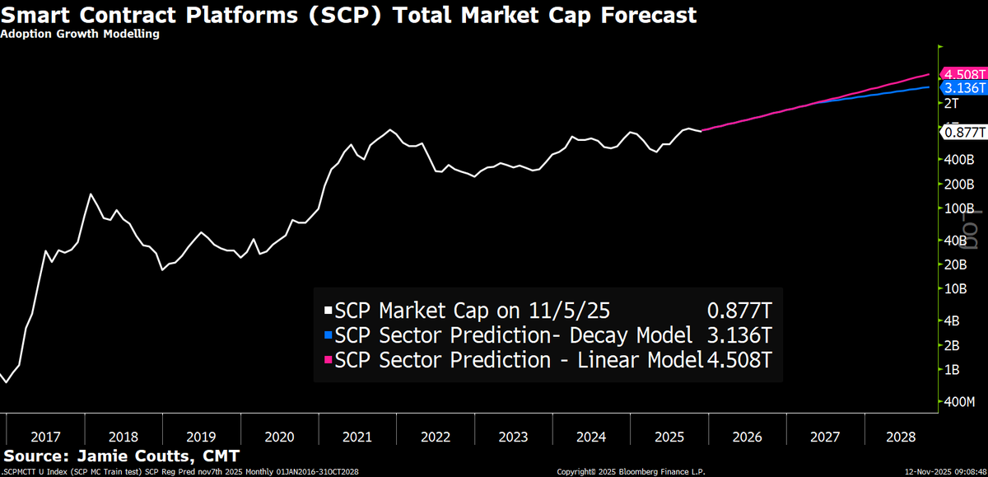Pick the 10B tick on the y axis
tap(954, 288)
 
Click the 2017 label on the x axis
tap(45, 436)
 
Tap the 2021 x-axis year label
tap(357, 436)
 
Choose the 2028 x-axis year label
tap(903, 436)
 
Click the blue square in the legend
tap(329, 335)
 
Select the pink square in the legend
tap(329, 360)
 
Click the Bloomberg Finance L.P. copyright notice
tap(633, 471)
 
